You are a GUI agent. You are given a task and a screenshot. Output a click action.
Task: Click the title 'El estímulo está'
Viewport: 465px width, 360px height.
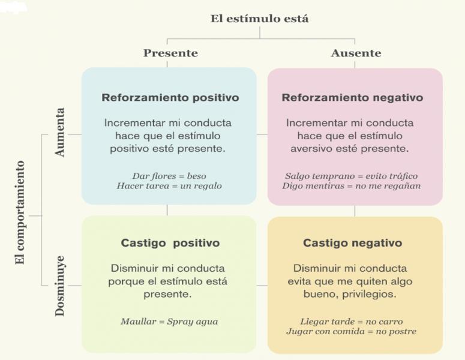259,19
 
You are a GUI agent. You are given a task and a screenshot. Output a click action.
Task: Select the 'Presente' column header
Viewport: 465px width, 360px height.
170,53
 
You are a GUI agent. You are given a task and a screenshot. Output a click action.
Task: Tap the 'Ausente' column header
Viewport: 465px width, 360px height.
356,53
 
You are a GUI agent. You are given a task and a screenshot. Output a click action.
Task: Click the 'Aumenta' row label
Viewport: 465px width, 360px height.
60,133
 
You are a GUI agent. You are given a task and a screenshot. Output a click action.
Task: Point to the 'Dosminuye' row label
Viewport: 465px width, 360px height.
60,286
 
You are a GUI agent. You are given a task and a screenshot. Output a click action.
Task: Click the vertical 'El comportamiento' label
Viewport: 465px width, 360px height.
20,212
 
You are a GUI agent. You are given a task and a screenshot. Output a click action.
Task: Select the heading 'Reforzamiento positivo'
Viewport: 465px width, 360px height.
170,97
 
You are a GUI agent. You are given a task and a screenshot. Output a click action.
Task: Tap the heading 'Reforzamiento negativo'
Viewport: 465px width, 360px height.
352,97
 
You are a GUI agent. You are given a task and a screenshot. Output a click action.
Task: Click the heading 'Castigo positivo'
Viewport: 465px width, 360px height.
170,243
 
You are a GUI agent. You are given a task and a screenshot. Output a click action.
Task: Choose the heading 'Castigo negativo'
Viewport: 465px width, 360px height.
352,243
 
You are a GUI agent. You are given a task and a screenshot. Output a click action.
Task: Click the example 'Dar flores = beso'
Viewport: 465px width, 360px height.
169,176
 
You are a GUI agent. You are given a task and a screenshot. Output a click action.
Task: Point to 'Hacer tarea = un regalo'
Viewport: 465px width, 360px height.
169,186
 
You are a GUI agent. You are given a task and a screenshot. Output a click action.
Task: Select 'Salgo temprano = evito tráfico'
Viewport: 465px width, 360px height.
351,176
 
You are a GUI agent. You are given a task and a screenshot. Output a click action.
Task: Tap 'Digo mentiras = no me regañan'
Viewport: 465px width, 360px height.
351,186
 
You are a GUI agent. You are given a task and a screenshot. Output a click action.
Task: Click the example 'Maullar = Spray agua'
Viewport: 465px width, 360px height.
169,322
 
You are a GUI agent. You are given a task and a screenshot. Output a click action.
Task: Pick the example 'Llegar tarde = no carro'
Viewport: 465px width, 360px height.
351,321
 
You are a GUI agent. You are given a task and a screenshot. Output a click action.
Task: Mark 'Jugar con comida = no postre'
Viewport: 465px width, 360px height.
351,331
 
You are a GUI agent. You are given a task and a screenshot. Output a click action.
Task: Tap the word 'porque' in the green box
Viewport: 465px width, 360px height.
124,281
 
